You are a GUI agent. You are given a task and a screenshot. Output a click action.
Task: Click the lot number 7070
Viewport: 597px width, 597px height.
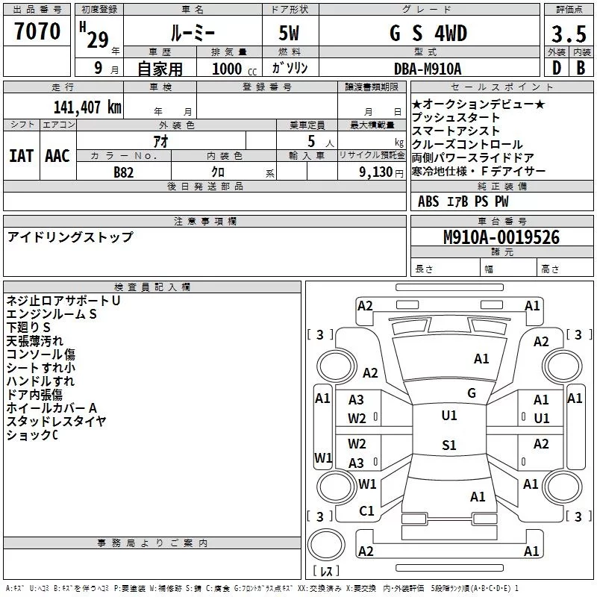(x=37, y=31)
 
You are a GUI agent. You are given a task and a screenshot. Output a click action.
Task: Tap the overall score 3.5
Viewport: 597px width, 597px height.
(x=568, y=35)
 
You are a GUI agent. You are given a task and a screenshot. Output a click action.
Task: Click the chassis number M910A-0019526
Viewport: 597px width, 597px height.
(x=501, y=238)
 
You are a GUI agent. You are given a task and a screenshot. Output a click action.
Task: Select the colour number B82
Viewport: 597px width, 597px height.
(x=124, y=172)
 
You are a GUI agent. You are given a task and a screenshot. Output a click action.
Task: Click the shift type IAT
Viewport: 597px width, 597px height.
(x=21, y=155)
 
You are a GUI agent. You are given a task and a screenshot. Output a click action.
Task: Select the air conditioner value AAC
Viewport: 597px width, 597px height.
(x=57, y=155)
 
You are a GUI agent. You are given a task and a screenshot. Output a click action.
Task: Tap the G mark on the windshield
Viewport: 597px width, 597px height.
(x=471, y=393)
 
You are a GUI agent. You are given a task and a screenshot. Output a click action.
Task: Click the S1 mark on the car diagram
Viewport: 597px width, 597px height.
(x=449, y=446)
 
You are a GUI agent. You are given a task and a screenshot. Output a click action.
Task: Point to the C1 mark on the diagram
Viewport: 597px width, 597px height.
(x=366, y=511)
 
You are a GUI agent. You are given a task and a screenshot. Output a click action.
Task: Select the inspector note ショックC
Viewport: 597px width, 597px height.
(x=32, y=435)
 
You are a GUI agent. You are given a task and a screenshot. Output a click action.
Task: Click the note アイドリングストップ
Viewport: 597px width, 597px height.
(x=70, y=237)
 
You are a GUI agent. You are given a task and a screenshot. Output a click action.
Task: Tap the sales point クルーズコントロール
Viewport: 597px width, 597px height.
(x=467, y=144)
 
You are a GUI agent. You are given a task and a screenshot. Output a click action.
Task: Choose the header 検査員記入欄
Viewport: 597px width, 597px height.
(x=152, y=287)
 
